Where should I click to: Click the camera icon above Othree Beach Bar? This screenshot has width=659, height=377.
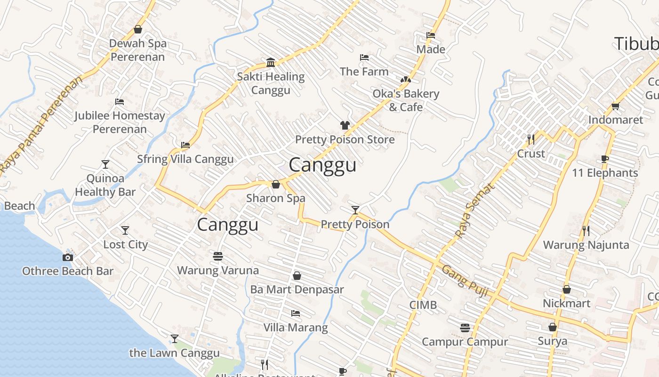[x=68, y=257]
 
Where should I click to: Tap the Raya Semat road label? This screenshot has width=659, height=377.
[x=475, y=211]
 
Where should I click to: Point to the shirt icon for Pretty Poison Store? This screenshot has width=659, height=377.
[x=345, y=125]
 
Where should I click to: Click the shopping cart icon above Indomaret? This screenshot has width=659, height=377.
[x=615, y=106]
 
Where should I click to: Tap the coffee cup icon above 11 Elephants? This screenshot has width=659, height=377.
[x=605, y=159]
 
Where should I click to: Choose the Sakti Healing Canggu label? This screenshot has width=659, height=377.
[x=271, y=83]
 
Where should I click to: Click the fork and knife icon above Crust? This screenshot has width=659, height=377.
[x=531, y=139]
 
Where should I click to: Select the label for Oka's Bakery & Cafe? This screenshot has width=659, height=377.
[x=406, y=100]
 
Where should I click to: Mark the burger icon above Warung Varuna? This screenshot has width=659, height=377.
[x=218, y=256]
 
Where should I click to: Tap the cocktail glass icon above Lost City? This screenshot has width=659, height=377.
[x=125, y=230]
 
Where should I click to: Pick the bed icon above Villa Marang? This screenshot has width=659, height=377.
[x=296, y=313]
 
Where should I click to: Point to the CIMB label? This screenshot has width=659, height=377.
[x=423, y=305]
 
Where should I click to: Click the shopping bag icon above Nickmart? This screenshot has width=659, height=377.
[x=567, y=289]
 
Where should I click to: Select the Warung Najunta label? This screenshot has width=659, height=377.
[x=586, y=245]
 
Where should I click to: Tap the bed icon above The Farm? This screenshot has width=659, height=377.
[x=364, y=58]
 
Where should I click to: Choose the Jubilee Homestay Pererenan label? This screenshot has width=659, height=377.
[x=120, y=122]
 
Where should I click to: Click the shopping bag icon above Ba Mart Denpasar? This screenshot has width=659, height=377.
[x=297, y=276]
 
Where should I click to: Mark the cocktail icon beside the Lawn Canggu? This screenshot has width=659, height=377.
[x=175, y=339]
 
